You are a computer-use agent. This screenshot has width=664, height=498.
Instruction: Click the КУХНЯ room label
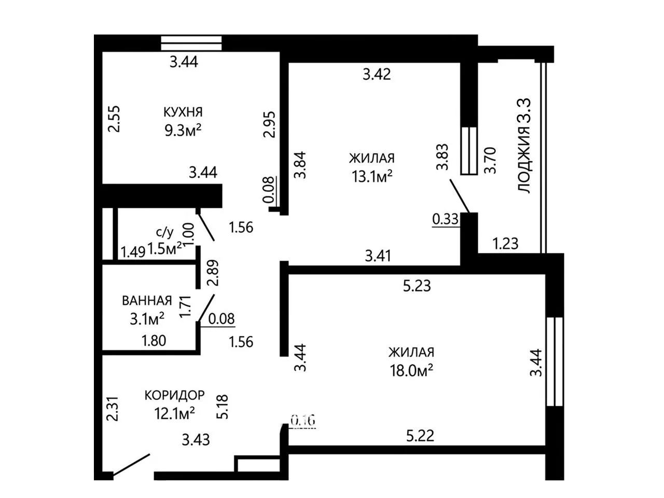pyautogui.click(x=183, y=112)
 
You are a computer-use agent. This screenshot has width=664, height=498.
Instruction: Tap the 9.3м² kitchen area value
pyautogui.click(x=183, y=130)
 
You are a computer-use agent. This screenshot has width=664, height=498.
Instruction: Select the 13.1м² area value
pyautogui.click(x=372, y=176)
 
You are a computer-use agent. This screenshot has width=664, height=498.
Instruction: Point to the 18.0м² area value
pyautogui.click(x=411, y=370)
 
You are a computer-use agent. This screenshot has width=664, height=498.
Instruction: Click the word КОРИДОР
pyautogui.click(x=174, y=395)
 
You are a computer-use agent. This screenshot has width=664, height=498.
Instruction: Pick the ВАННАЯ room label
pyautogui.click(x=147, y=301)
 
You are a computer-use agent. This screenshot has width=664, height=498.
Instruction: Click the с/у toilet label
pyautogui.click(x=165, y=232)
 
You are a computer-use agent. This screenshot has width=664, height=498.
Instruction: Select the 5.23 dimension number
pyautogui.click(x=417, y=286)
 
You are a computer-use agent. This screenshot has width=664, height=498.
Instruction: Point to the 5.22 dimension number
pyautogui.click(x=420, y=435)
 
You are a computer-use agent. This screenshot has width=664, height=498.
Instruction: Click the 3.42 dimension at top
pyautogui.click(x=377, y=74)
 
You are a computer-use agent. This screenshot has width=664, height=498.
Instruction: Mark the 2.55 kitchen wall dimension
pyautogui.click(x=114, y=119)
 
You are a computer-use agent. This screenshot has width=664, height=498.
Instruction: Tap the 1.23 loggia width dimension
pyautogui.click(x=505, y=243)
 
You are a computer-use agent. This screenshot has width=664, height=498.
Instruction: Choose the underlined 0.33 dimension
pyautogui.click(x=445, y=219)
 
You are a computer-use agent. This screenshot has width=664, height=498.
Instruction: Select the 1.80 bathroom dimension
pyautogui.click(x=154, y=341)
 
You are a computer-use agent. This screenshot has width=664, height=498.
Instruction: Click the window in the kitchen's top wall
pyautogui.click(x=191, y=43)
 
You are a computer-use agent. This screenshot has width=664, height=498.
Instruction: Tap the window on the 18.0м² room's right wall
pyautogui.click(x=555, y=361)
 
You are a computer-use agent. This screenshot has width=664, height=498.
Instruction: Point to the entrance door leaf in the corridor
pyautogui.click(x=131, y=466)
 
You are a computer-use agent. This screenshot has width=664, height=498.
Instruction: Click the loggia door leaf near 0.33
pyautogui.click(x=460, y=196)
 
